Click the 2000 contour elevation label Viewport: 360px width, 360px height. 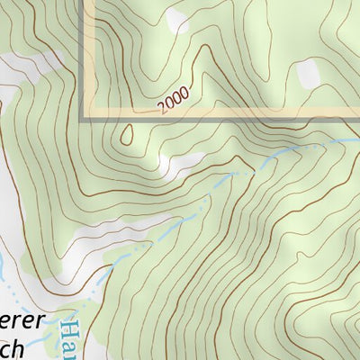point(174,101)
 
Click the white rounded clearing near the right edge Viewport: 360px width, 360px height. point(308,72)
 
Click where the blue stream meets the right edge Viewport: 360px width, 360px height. point(357,139)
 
